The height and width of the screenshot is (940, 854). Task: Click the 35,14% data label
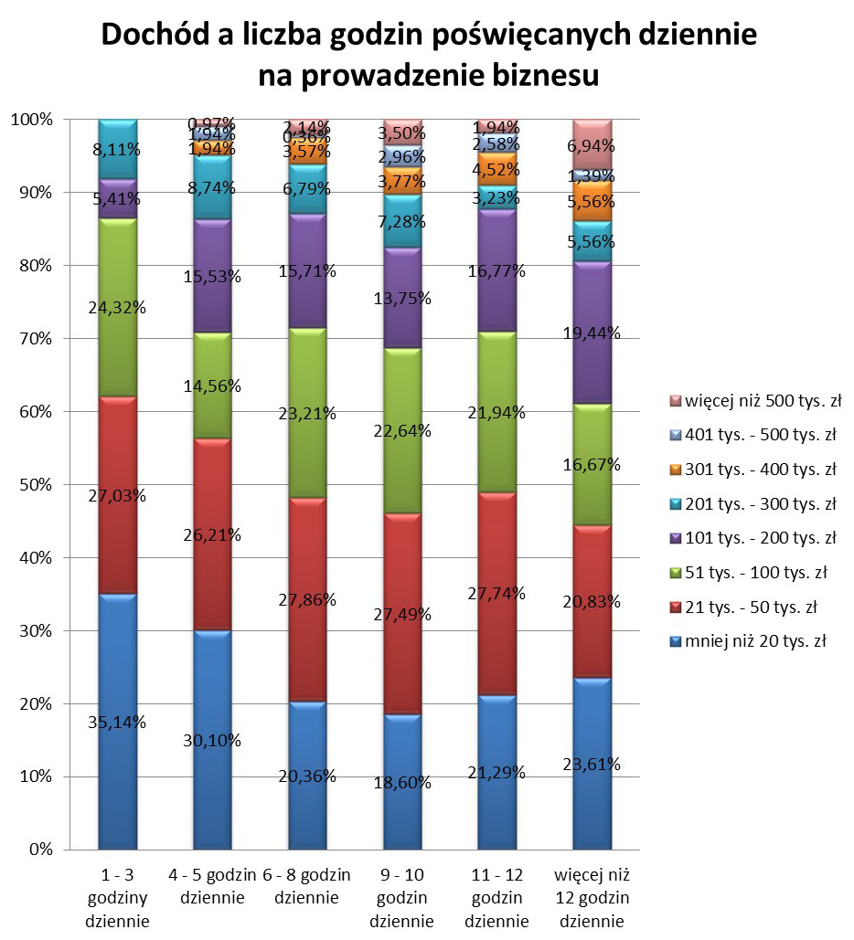(118, 722)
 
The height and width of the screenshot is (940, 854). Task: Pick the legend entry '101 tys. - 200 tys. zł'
(753, 537)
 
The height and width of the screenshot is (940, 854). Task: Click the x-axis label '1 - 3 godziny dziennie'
(117, 898)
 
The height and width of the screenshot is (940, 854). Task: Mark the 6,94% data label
(591, 146)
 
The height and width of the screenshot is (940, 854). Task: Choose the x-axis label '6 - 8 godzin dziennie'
(306, 887)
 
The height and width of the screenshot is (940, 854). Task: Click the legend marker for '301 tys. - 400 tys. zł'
(675, 470)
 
